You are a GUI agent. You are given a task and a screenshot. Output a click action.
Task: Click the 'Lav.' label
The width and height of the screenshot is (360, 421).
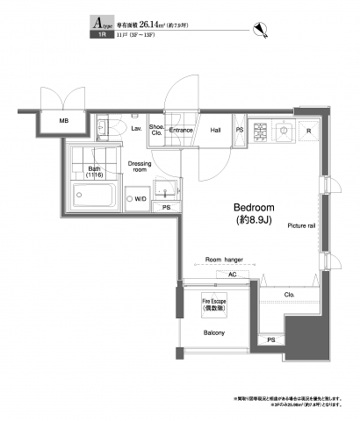(136, 129)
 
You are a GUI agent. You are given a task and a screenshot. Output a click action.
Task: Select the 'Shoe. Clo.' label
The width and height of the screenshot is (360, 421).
(156, 132)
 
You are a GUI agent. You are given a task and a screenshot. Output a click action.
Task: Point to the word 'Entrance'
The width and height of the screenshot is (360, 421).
(181, 130)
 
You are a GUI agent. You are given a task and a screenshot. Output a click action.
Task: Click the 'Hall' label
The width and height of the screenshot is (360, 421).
(215, 130)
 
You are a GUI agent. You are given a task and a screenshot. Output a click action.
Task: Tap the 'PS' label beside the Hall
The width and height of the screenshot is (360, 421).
(241, 130)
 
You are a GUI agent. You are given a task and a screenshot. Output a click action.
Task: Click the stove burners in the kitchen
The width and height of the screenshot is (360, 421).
(260, 132)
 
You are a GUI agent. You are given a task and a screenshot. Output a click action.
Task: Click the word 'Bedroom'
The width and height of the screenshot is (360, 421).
(256, 207)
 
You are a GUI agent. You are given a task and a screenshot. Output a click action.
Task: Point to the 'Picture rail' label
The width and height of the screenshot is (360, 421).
(299, 224)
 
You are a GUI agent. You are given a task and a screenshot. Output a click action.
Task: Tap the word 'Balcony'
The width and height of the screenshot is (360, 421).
(214, 333)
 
